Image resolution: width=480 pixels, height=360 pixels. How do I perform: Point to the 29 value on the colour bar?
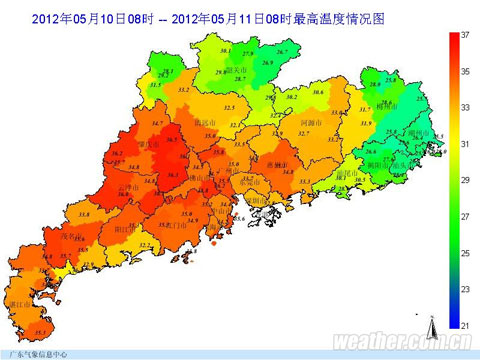tap(465, 179)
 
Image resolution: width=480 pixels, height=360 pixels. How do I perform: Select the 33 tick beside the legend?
tap(465, 107)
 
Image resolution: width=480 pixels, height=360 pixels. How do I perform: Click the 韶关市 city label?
tap(237, 70)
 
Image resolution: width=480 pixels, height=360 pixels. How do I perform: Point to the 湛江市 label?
tap(14, 302)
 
